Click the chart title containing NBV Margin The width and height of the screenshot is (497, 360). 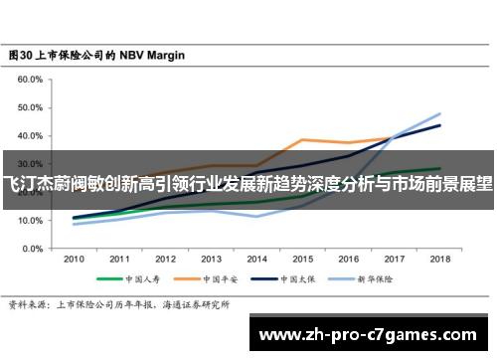pos(96,56)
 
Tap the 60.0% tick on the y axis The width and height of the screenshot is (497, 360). pos(28,79)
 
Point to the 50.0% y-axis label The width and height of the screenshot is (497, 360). pos(28,107)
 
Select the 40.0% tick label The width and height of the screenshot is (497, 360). pos(28,136)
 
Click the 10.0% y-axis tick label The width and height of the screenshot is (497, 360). pos(28,221)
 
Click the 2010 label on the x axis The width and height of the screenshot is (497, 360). pos(74,259)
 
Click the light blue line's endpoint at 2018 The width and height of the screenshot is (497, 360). pos(439,113)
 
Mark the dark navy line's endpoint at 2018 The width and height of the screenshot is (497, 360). pos(439,125)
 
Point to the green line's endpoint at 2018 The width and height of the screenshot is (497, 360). pos(439,168)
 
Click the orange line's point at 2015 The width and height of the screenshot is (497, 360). pos(302,140)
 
